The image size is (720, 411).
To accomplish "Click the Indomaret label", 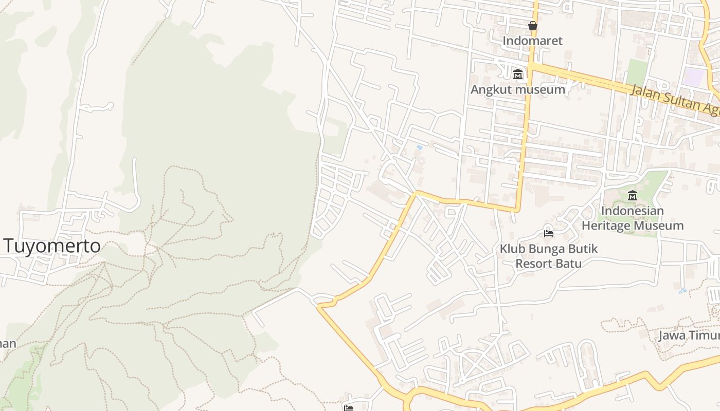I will coord(532,41).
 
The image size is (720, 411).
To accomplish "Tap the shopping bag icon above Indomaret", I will coord(533,25).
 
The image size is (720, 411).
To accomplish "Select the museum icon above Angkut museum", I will coord(518,74).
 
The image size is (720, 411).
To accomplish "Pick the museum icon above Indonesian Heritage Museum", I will coord(633,195).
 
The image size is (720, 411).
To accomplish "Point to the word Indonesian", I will coord(632,211).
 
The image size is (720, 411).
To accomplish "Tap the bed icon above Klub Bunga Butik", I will coord(549,234).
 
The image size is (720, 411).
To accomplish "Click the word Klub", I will coord(513,249).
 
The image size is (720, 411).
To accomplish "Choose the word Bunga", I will coord(548,249).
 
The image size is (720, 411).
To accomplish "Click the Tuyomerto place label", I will coord(52,246).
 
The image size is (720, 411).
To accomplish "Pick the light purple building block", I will coord(694,77).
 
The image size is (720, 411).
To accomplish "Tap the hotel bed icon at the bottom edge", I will coord(349,408).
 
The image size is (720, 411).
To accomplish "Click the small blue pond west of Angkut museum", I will coord(420,147).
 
